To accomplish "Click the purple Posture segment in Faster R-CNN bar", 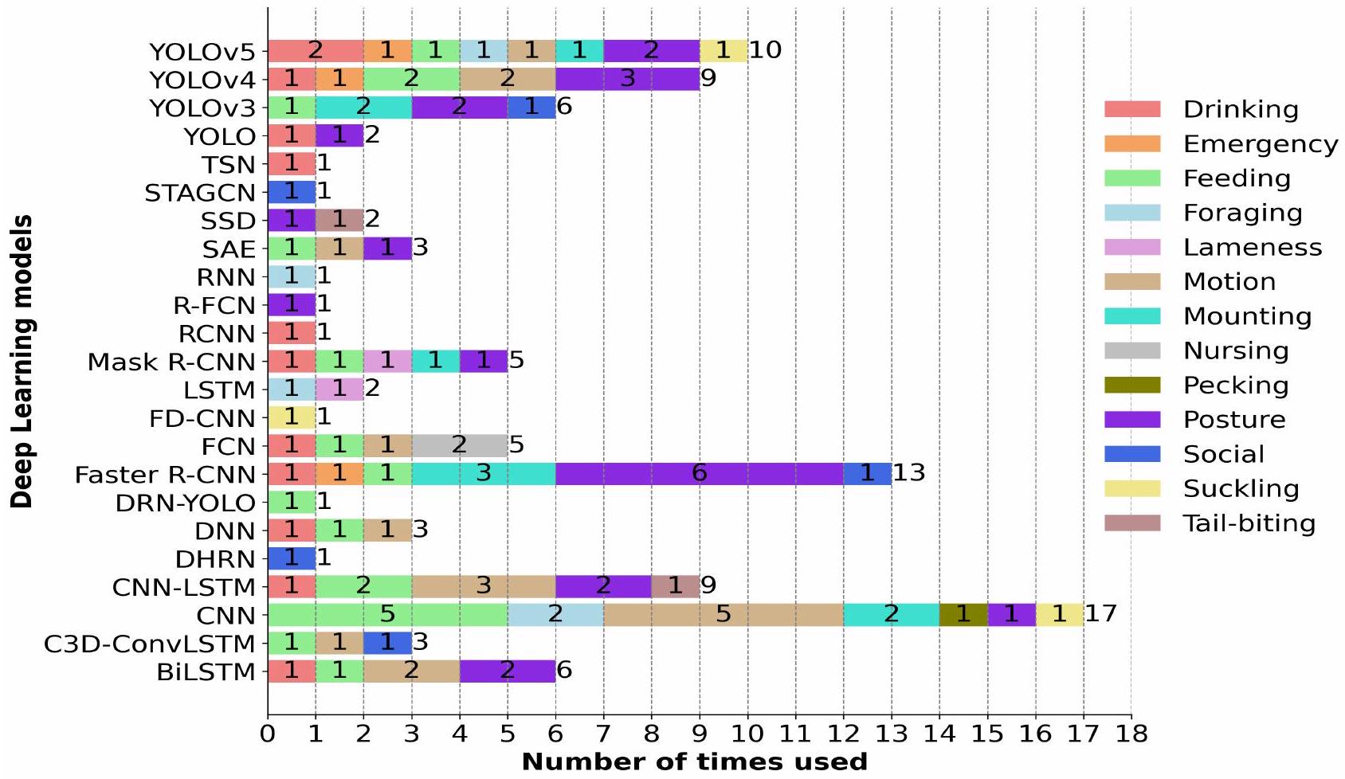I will click(x=700, y=474).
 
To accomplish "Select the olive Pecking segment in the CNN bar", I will click(x=963, y=615).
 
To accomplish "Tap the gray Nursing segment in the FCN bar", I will click(x=460, y=446).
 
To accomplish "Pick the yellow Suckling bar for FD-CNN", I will click(x=292, y=417).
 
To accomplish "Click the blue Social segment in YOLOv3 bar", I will click(x=531, y=108).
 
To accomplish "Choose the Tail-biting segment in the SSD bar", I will click(x=339, y=221).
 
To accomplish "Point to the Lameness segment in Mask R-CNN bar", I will click(x=387, y=362).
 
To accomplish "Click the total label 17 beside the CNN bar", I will click(x=1101, y=613).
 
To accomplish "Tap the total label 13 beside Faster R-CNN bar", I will click(x=909, y=473).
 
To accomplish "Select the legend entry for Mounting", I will click(x=1247, y=316).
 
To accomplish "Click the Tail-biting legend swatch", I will click(x=1132, y=523).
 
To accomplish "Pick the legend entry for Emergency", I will click(x=1260, y=144).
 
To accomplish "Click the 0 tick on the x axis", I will click(x=268, y=733).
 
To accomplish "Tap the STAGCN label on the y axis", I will click(x=200, y=193).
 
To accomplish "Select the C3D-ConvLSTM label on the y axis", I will click(x=150, y=644).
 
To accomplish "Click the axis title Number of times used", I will click(x=694, y=762).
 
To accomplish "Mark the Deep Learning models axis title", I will click(x=22, y=361).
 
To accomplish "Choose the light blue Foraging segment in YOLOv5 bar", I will click(x=484, y=51).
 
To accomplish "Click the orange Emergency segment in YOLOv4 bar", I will click(x=339, y=80).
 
